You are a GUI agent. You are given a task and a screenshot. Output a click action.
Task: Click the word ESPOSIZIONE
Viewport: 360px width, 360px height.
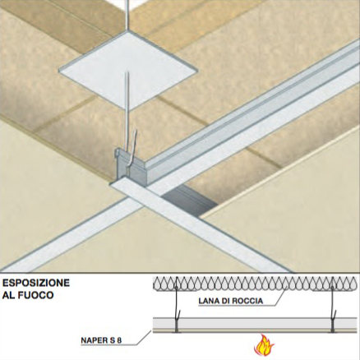pyautogui.click(x=36, y=283)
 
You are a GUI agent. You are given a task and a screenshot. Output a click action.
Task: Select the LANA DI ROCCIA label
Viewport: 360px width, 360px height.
pyautogui.click(x=230, y=301)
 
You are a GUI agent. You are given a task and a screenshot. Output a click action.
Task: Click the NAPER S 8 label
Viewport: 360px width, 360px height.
pyautogui.click(x=101, y=340)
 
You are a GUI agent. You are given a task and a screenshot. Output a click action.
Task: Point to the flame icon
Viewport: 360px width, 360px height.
pyautogui.click(x=264, y=344)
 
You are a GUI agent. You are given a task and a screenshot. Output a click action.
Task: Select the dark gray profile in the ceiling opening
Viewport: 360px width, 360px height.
pyautogui.click(x=189, y=201)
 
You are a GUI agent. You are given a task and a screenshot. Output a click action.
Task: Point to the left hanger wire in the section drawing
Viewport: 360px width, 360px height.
pyautogui.click(x=176, y=304)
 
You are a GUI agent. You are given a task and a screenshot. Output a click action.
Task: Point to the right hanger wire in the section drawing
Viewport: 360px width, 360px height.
pyautogui.click(x=333, y=304)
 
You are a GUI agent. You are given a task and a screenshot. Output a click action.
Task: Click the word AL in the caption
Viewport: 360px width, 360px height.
pyautogui.click(x=9, y=295)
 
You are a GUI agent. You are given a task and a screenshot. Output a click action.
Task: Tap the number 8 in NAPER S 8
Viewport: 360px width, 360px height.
pyautogui.click(x=119, y=340)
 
